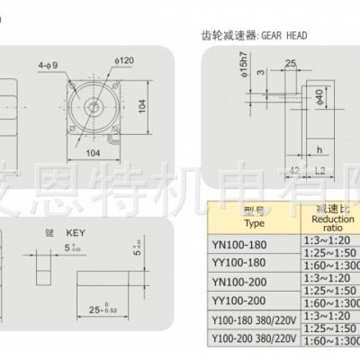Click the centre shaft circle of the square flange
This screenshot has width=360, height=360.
94,107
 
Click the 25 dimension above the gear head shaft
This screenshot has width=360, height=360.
291,63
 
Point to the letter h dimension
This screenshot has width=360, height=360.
319,150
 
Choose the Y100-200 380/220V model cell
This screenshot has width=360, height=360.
255,339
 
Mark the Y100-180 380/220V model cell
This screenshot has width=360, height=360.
255,320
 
